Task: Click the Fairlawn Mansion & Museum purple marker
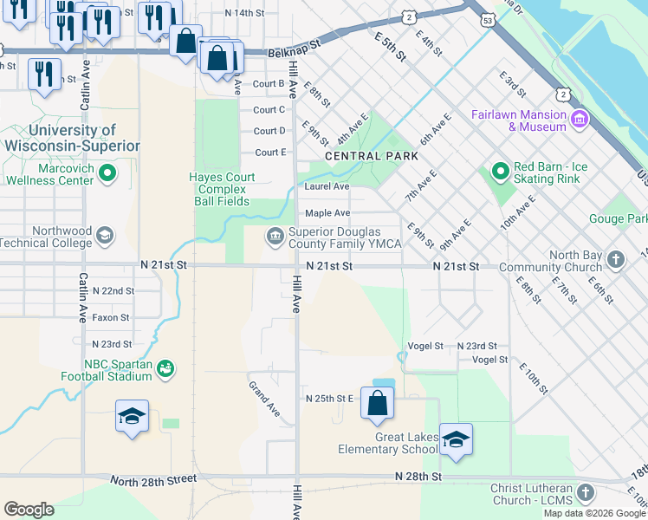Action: [x=580, y=118]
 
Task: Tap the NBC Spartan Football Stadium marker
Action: [x=165, y=370]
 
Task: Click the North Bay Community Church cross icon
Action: [x=615, y=259]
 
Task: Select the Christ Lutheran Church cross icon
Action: [x=586, y=493]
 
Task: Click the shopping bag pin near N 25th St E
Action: [x=377, y=403]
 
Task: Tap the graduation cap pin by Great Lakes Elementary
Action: [x=456, y=439]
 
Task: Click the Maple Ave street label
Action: [x=327, y=213]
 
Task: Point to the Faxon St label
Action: [x=111, y=318]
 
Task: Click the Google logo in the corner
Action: [x=29, y=510]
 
